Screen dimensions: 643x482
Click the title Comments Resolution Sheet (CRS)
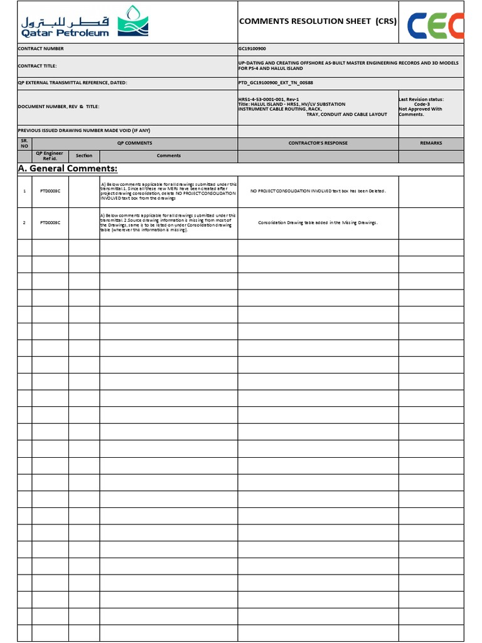[318, 21]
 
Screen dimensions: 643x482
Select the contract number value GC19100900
[253, 48]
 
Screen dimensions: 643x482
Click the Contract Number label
[41, 48]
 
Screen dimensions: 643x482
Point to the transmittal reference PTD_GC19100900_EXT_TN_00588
[276, 82]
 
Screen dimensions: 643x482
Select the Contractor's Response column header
[318, 143]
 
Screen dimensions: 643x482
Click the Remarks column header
[431, 143]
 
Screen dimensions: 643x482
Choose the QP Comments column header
[134, 143]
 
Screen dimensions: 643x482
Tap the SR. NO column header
[24, 144]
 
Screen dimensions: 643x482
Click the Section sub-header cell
[84, 156]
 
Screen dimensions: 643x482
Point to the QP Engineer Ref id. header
[50, 156]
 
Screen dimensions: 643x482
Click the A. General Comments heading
[67, 169]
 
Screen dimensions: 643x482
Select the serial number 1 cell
[24, 191]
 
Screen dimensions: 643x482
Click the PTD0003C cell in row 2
[50, 222]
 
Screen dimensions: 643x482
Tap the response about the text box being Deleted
[318, 191]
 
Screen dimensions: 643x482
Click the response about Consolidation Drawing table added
[318, 222]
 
